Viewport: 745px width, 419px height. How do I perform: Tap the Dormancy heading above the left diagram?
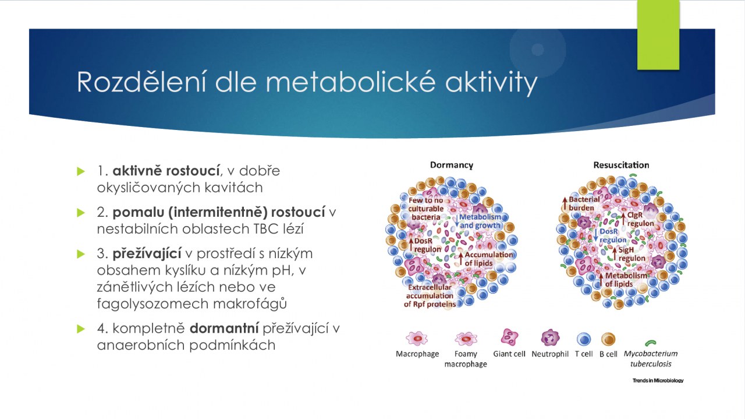coord(451,165)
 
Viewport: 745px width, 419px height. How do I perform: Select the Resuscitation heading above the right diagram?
coord(621,165)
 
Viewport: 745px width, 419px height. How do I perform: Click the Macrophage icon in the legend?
coord(417,339)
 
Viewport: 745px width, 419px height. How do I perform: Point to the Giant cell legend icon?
coord(509,337)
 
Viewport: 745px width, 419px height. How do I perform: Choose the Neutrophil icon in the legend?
coord(550,338)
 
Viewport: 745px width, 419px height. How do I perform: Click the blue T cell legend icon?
coord(584,339)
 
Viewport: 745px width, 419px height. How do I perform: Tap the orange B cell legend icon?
coord(608,339)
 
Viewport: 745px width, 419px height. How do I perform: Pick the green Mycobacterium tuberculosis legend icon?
coord(651,343)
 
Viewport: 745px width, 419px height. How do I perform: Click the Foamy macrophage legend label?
coord(466,359)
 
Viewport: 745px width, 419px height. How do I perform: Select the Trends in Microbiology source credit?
coord(658,381)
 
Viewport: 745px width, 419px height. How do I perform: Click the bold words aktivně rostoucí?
coord(166,171)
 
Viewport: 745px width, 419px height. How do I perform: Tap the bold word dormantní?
coord(224,329)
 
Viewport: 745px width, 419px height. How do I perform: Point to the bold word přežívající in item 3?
coord(147,254)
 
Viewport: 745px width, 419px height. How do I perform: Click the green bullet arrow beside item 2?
coord(81,213)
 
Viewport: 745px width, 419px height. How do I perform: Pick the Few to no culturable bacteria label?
coord(425,209)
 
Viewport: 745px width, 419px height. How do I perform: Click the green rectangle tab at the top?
coord(658,35)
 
